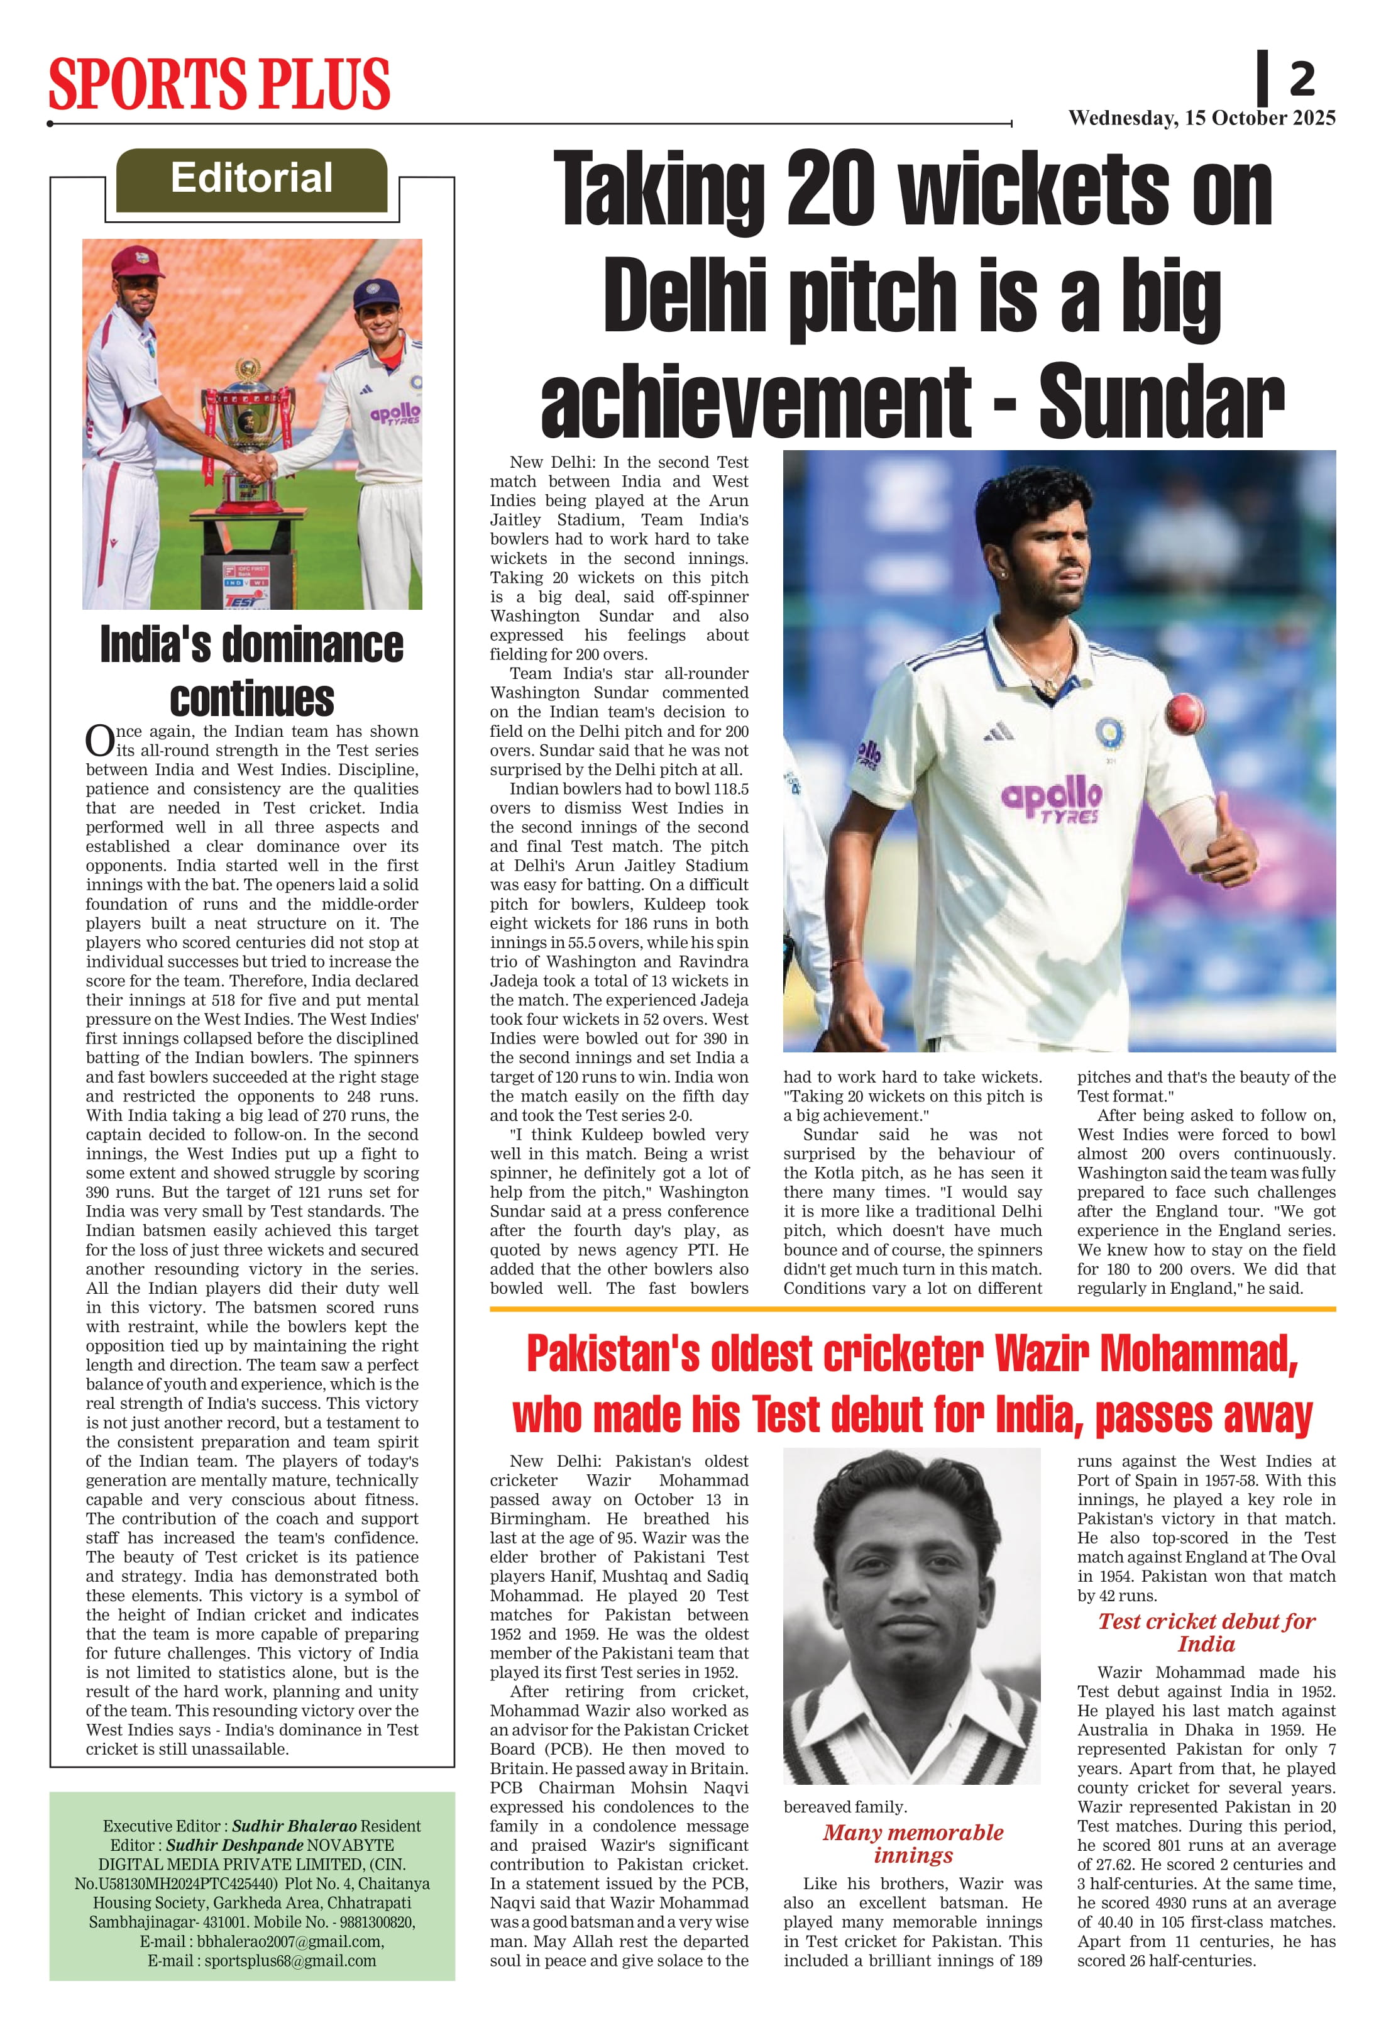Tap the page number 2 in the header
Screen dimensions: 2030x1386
click(x=1301, y=80)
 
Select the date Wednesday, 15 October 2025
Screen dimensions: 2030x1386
click(x=1202, y=118)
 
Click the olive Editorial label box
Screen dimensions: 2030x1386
click(x=251, y=179)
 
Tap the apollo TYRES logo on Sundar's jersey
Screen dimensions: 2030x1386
click(x=1052, y=798)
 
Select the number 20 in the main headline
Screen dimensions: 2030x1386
click(x=830, y=188)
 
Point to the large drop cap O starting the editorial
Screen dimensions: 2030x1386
click(x=99, y=740)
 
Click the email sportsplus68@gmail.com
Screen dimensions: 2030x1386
click(x=290, y=1960)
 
